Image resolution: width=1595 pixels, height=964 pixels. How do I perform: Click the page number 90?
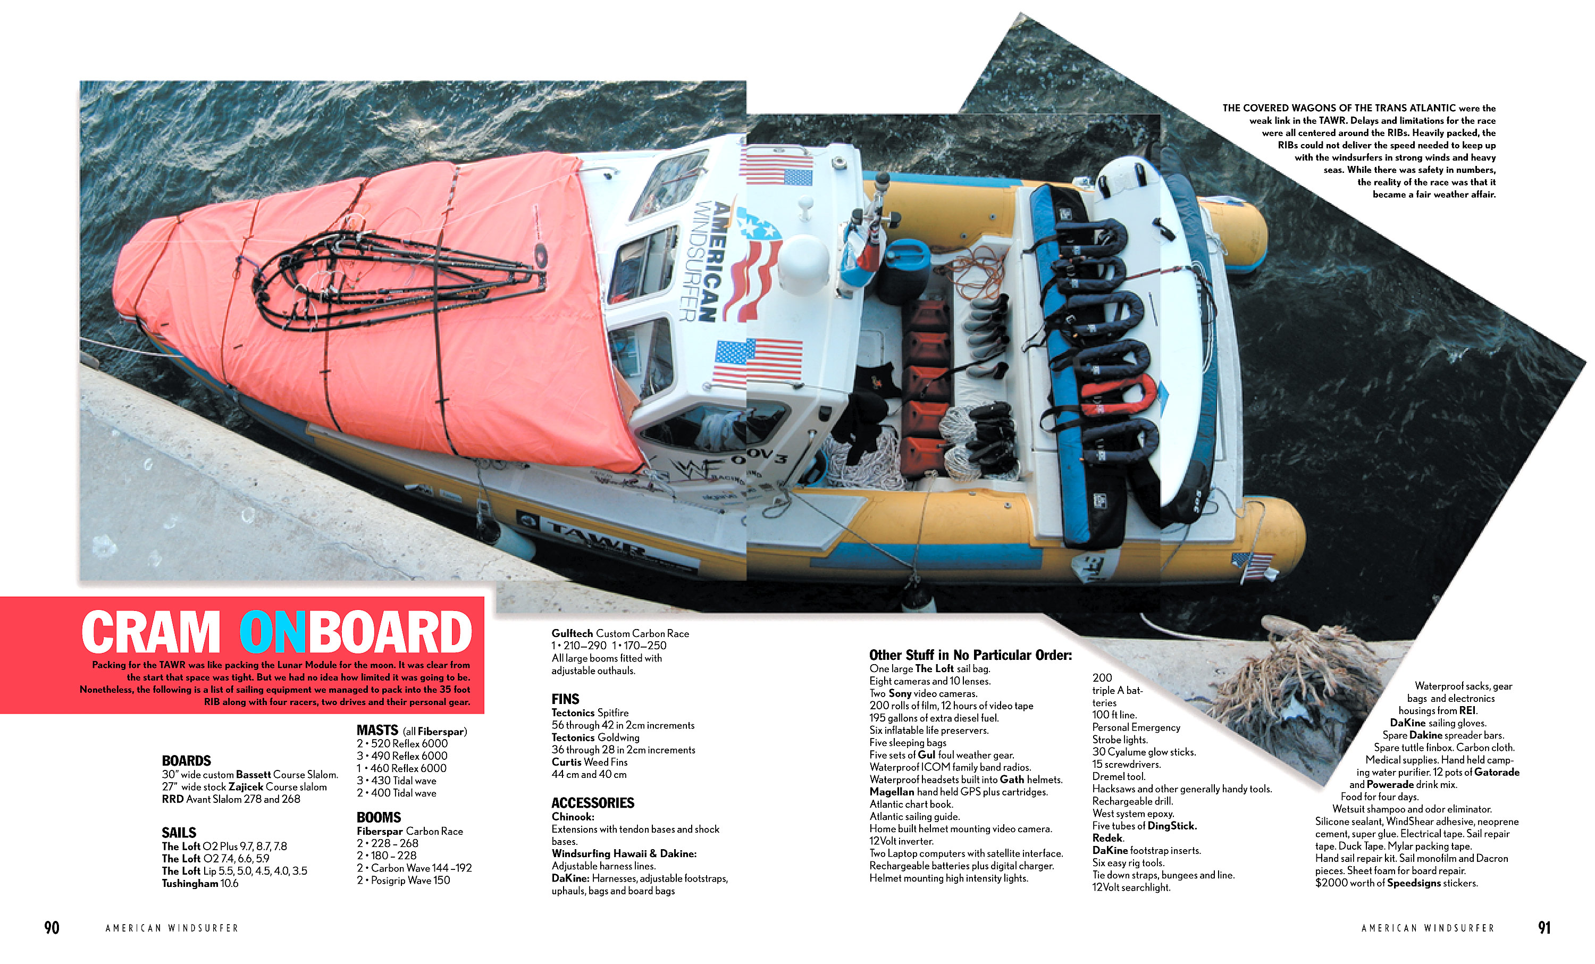52,928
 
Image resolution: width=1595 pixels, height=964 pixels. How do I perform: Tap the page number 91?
1544,928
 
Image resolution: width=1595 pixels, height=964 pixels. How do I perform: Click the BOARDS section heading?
187,761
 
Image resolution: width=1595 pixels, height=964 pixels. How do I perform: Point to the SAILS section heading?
179,833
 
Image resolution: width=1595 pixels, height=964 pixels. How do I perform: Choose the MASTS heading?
377,730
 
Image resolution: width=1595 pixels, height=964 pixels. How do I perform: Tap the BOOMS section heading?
379,817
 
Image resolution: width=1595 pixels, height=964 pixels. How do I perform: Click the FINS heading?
565,699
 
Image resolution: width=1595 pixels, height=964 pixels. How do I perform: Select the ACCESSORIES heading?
593,803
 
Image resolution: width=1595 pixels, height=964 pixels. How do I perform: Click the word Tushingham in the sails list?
190,884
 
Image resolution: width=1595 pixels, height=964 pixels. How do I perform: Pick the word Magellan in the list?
892,792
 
